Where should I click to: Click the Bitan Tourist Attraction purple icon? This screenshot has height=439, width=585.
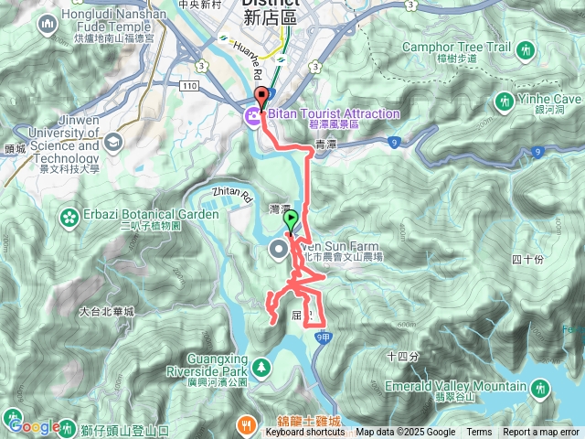pyautogui.click(x=250, y=114)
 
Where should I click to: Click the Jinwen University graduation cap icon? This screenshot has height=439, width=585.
pyautogui.click(x=112, y=142)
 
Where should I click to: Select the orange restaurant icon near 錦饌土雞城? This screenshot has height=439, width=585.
pyautogui.click(x=248, y=425)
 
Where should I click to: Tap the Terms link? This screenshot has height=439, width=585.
pyautogui.click(x=479, y=433)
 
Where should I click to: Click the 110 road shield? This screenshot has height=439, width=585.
pyautogui.click(x=189, y=85)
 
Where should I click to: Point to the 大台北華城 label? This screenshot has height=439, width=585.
pyautogui.click(x=107, y=312)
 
